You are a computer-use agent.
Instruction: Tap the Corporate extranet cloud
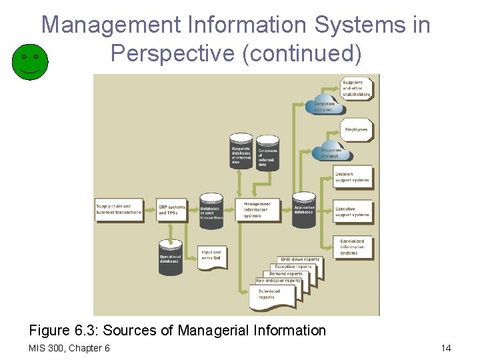[x=326, y=107]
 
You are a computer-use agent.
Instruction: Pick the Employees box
[x=356, y=129]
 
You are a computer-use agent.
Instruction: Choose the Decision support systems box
[x=352, y=177]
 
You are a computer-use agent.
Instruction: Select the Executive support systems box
[x=352, y=212]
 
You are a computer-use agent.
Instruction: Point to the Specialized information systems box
[x=353, y=247]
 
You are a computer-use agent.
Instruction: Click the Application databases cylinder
[x=304, y=210]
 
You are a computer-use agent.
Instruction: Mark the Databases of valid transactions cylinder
[x=212, y=212]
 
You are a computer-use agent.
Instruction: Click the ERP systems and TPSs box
[x=172, y=209]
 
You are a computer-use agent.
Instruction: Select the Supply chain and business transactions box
[x=119, y=209]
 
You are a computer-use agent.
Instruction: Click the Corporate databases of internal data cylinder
[x=241, y=153]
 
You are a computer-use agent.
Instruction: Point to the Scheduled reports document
[x=271, y=295]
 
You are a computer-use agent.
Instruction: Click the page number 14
[x=446, y=348]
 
